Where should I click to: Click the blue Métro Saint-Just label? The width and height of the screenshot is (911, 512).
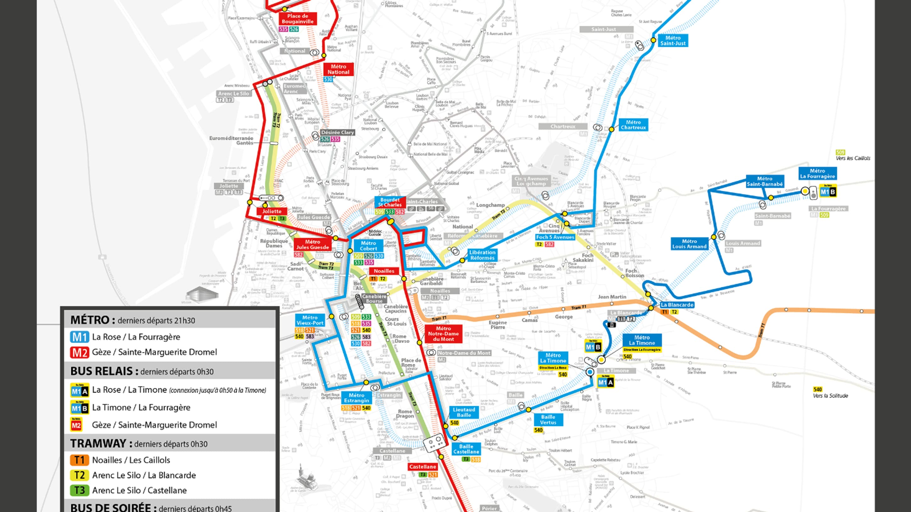point(673,41)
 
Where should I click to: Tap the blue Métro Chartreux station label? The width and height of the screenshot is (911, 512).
point(633,125)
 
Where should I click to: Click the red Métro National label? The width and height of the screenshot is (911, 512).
point(338,69)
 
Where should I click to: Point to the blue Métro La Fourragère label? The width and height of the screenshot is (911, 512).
point(817,173)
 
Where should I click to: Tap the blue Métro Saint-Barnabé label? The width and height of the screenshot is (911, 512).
point(765,181)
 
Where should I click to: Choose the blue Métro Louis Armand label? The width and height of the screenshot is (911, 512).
point(689,244)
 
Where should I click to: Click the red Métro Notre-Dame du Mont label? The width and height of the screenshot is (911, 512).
point(443,333)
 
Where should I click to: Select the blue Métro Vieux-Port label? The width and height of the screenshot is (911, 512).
point(310,320)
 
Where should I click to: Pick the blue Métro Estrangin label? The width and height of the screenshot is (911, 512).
point(356,398)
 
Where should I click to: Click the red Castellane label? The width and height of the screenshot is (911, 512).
point(422,467)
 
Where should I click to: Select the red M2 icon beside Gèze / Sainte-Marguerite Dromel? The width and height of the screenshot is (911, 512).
point(79,352)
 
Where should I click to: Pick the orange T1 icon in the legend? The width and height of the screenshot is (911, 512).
point(79,460)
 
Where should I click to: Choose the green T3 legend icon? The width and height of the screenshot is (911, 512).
point(79,490)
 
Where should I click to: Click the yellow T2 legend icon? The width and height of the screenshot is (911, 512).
point(79,475)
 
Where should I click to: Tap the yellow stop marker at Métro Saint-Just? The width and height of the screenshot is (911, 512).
point(653,40)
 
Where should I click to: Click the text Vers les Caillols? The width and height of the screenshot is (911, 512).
point(853,158)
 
